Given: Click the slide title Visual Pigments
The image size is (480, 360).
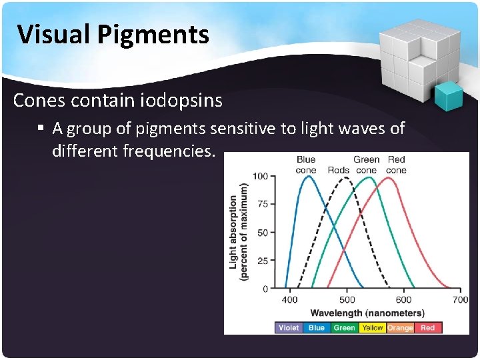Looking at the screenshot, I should tap(113, 34).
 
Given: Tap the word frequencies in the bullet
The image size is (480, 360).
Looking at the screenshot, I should tap(168, 151).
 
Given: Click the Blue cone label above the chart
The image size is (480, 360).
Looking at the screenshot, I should tap(306, 165).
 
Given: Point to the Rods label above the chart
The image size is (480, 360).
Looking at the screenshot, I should tap(339, 170).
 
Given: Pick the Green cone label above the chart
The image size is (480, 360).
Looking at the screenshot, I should tap(367, 165).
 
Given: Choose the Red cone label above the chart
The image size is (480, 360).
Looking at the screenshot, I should tap(397, 165).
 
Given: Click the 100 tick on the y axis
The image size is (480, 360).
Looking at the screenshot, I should tap(260, 176).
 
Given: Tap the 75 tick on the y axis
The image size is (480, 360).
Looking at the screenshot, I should tap(262, 204).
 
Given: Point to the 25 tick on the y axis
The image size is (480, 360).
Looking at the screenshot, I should tap(262, 261).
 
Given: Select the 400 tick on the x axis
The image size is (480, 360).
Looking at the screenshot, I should tap(289, 300).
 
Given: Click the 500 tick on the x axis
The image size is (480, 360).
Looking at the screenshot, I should tap(347, 300).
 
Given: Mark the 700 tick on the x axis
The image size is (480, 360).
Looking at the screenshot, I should tap(460, 300).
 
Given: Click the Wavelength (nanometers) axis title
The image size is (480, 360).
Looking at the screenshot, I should tap(367, 313).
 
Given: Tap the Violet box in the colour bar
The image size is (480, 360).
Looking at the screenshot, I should tap(288, 327).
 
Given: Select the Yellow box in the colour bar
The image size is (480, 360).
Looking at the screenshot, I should tap(372, 327).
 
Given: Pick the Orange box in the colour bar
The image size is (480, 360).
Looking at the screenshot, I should tap(400, 327).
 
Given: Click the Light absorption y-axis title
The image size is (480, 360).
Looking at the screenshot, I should tap(238, 232).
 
